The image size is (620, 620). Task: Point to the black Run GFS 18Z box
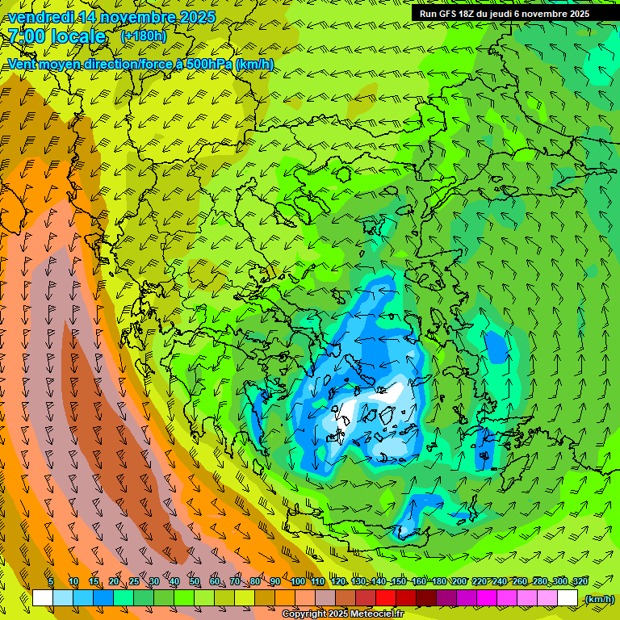coord(513,14)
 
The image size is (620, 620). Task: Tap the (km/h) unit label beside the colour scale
coord(598,599)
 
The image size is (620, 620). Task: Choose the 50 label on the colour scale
coord(195,581)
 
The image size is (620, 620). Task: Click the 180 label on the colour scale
coord(438,581)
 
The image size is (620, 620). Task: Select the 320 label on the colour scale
coord(580,581)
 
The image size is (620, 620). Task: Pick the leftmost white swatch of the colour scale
coord(43,598)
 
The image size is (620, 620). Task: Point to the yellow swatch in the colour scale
coord(245,598)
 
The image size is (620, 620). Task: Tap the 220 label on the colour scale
coord(480,581)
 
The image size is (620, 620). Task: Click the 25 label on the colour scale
coord(134,581)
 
